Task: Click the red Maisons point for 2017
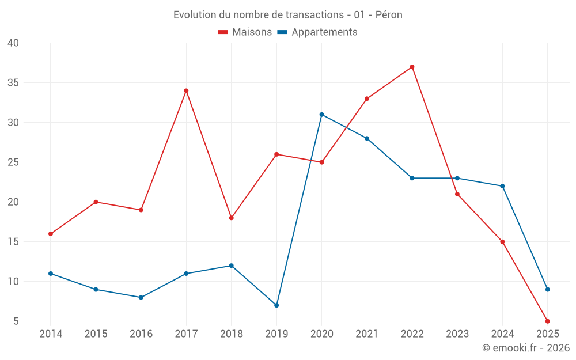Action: pos(186,90)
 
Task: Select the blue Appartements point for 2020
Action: pos(321,115)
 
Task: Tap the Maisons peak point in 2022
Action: pos(412,67)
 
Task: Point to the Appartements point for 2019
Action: pos(276,305)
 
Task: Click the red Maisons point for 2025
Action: pos(548,321)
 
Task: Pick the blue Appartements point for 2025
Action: pos(548,289)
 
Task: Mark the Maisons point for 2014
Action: pos(51,234)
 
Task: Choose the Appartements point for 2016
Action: pos(141,297)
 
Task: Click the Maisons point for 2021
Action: pos(367,98)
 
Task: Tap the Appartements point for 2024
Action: pos(502,186)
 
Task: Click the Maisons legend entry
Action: pos(245,32)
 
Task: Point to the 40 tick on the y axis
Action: pos(13,43)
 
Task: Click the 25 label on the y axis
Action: pos(13,162)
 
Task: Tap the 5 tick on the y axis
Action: pos(16,321)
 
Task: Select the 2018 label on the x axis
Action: pos(231,334)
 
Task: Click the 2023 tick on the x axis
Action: pos(457,334)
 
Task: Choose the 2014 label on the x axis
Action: pos(51,334)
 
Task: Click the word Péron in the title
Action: pos(389,15)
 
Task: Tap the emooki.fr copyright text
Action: pos(526,348)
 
